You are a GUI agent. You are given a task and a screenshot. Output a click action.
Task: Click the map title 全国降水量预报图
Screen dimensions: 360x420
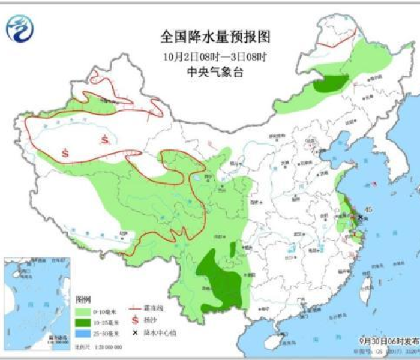pyautogui.click(x=215, y=37)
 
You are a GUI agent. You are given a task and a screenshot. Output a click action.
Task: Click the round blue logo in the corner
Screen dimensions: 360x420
pyautogui.click(x=20, y=28)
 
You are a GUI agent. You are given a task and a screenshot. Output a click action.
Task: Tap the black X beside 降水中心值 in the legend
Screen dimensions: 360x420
pyautogui.click(x=136, y=333)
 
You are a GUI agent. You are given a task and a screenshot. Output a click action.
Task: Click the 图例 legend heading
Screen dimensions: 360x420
pyautogui.click(x=82, y=300)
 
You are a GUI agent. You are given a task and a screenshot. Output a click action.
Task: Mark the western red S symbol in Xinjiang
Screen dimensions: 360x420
pyautogui.click(x=65, y=152)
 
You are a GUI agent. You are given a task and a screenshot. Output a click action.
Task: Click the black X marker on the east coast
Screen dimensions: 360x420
pyautogui.click(x=360, y=217)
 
